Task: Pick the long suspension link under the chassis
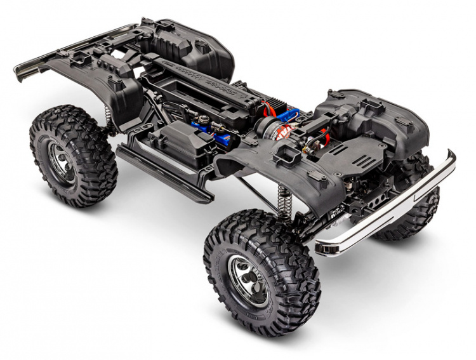pyautogui.click(x=254, y=190)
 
